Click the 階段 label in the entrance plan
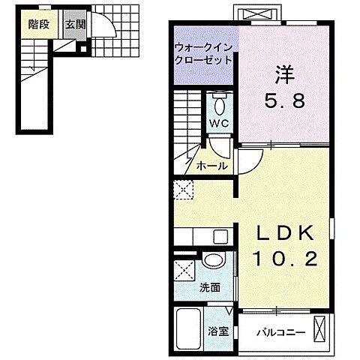point(39,24)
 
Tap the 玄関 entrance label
point(74,24)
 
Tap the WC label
point(219,123)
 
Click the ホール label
point(211,166)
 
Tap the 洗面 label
point(211,286)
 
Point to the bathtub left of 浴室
point(190,329)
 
